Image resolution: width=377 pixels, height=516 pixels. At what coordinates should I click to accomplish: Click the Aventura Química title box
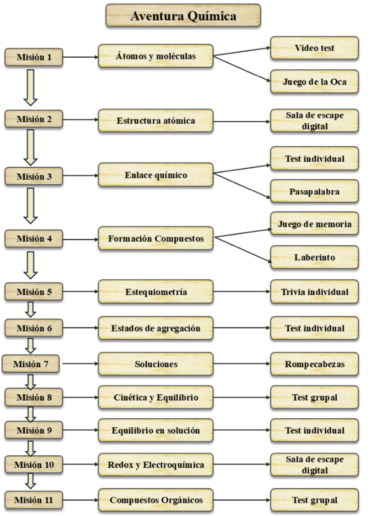pos(183,15)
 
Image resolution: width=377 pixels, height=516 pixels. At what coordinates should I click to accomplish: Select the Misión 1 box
pos(34,57)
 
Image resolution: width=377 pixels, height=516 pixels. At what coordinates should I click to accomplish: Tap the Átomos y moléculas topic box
pos(156,56)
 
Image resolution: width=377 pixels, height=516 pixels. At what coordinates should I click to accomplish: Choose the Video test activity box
pos(314,48)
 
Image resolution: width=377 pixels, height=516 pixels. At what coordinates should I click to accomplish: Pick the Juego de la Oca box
pos(314,81)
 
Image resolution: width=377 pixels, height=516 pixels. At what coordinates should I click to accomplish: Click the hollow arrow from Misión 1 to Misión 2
pos(31,87)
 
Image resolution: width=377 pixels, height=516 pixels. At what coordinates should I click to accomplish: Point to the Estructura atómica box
pos(156,121)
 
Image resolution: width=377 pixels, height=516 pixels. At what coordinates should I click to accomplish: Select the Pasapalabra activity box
pos(314,191)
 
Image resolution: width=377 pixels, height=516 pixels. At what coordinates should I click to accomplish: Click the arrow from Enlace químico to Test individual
pos(242,169)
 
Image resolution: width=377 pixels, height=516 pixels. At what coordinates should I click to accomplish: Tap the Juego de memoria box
pos(314,224)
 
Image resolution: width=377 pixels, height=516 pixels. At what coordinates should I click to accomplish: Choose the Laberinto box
pos(314,257)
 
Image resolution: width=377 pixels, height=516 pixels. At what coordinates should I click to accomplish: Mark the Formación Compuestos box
pos(156,238)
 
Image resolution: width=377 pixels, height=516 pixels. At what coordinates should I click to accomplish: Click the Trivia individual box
pos(314,292)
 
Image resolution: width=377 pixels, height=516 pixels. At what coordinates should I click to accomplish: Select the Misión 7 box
pos(31,364)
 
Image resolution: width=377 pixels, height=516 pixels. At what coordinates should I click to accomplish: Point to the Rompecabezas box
pos(314,364)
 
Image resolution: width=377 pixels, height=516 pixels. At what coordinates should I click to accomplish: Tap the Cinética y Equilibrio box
pos(156,397)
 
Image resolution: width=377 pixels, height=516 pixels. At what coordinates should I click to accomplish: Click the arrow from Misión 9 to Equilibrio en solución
pos(80,430)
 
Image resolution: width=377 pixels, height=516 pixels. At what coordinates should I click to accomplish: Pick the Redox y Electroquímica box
pos(156,465)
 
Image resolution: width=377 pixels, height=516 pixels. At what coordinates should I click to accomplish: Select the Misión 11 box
pos(34,500)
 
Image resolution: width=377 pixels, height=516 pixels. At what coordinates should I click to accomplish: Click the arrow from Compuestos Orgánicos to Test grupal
pos(242,500)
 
